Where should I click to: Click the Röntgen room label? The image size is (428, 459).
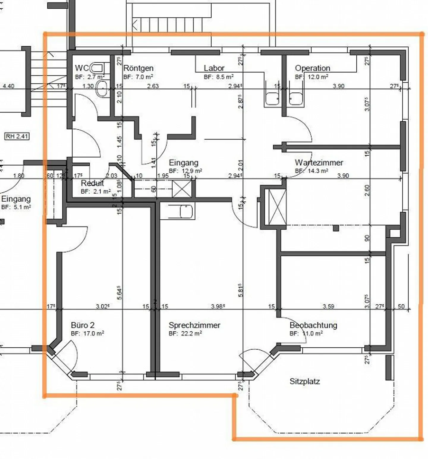138,68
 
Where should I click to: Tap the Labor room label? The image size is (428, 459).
214,68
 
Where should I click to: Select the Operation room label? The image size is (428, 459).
312,68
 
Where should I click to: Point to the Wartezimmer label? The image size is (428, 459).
319,163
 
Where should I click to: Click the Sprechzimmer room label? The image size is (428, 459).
194,325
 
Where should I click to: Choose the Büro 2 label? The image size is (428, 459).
83,325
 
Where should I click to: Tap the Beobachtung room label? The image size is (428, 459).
313,325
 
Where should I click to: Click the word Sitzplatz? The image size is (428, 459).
305,381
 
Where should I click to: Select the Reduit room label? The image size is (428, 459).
92,183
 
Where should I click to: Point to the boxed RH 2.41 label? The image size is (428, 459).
17,137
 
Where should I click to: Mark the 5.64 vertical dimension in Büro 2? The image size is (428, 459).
119,293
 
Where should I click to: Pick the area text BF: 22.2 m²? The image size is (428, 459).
185,333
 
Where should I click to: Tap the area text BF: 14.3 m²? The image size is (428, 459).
311,171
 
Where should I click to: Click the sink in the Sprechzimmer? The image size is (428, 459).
186,211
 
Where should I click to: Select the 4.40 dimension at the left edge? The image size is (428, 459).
8,86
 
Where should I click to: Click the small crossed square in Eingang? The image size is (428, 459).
182,189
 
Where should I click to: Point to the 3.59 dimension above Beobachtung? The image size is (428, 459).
328,306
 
